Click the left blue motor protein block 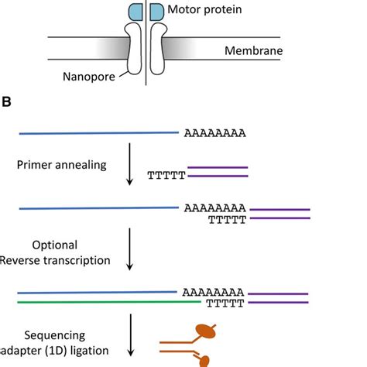[135, 12]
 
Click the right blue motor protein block [157, 12]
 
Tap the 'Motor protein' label [204, 9]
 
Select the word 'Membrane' [254, 50]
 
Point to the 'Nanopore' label [89, 77]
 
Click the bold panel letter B [6, 101]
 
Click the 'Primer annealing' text [62, 165]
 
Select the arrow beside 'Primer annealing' [129, 164]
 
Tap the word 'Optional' [55, 245]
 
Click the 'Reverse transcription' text [55, 260]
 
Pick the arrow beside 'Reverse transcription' [129, 249]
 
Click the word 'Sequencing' [55, 335]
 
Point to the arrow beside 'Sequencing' [131, 335]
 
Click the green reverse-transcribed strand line [109, 302]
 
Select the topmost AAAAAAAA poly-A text [215, 133]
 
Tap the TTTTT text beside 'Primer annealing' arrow [166, 176]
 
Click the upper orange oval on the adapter [206, 331]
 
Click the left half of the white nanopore [134, 49]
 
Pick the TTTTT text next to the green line [225, 304]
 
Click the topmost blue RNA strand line [99, 133]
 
